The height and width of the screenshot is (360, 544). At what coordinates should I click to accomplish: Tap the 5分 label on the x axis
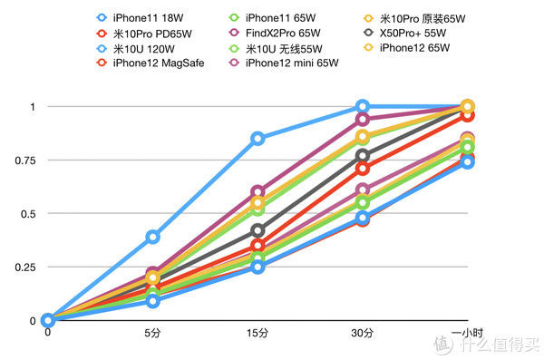click(153, 335)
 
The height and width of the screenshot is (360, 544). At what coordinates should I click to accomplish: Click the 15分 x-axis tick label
click(257, 335)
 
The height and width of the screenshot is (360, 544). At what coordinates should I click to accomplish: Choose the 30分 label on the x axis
click(363, 335)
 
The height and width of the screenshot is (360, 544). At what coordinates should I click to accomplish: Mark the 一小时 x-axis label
click(467, 335)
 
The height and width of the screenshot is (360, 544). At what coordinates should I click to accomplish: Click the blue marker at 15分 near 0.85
click(258, 139)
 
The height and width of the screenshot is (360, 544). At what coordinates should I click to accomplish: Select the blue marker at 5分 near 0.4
click(153, 237)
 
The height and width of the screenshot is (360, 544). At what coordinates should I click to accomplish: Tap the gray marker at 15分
click(258, 230)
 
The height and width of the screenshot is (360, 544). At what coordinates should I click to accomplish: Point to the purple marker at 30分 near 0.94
click(363, 120)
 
